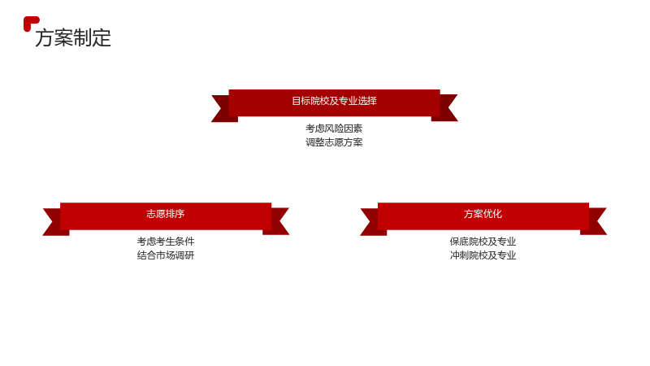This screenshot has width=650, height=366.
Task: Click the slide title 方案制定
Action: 73,37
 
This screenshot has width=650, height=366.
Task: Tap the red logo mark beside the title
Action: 30,23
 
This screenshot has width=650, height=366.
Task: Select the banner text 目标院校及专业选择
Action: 334,101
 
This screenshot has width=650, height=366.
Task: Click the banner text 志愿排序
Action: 166,214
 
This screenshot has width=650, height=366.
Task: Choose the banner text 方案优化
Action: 483,214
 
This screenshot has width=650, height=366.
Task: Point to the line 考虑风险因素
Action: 334,129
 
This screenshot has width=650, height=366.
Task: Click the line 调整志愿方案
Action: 334,142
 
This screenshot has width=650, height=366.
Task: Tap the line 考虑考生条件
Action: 166,242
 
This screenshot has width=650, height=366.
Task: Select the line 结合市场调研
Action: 166,255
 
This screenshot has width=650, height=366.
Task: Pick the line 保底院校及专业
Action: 483,242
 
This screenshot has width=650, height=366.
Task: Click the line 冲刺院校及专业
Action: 483,255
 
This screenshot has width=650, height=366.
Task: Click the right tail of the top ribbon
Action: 445,108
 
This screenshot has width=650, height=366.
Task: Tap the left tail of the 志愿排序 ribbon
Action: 55,222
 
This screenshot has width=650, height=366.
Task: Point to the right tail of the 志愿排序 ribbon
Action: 276,221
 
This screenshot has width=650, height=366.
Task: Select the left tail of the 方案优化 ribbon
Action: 373,222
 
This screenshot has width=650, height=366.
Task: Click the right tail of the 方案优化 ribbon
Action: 594,221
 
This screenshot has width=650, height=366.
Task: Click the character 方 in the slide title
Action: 45,37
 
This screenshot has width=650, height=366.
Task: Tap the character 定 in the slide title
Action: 102,37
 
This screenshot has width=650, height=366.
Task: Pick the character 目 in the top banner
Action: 297,101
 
